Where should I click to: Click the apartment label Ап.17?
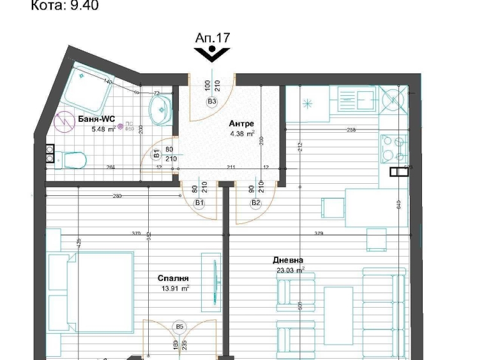(212, 38)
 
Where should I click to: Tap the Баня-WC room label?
(96, 119)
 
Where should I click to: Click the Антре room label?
(241, 124)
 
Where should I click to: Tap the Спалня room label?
(173, 278)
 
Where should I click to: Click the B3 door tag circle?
(211, 101)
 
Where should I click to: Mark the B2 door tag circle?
(256, 203)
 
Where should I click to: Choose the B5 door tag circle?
(179, 327)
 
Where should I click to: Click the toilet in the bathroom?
(72, 158)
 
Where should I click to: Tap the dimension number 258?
(351, 130)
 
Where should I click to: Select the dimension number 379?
(319, 234)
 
